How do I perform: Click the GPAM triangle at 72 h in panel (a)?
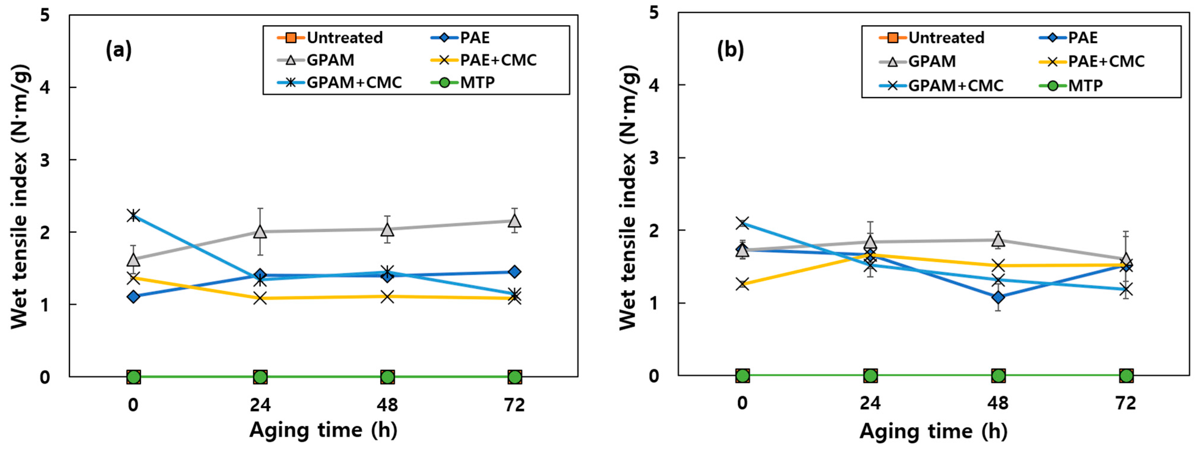[x=514, y=220]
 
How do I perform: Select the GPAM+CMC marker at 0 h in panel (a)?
[x=133, y=215]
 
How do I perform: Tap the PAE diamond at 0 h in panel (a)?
[x=133, y=296]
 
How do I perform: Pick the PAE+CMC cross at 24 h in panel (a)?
[x=260, y=298]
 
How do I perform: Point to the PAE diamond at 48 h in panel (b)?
[x=998, y=297]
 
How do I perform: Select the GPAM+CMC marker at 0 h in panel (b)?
[x=743, y=223]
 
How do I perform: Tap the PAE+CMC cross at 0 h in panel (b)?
[x=743, y=284]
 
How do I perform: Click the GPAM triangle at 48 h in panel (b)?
[x=998, y=240]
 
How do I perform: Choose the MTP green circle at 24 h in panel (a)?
[x=260, y=377]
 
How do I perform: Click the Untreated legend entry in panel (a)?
[x=330, y=38]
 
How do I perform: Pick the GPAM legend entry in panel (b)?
[x=917, y=61]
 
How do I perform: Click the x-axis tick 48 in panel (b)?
[x=998, y=403]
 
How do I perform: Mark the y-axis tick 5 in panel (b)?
[x=654, y=13]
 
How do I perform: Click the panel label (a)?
[x=119, y=49]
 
